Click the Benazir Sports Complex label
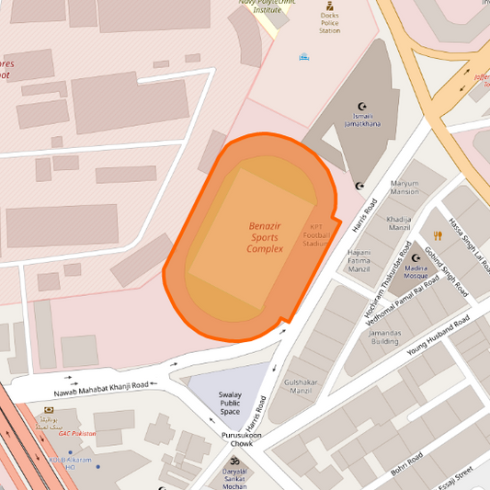click(265, 237)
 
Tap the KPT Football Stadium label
click(315, 235)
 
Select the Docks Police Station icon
click(329, 6)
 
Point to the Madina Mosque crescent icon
click(416, 258)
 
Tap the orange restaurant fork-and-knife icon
click(438, 235)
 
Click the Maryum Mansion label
click(404, 188)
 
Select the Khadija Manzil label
click(399, 223)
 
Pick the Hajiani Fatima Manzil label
click(358, 260)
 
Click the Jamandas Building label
click(385, 336)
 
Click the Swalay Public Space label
click(230, 403)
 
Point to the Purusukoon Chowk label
click(241, 439)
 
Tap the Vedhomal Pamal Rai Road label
click(403, 301)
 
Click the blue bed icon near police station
click(303, 56)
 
